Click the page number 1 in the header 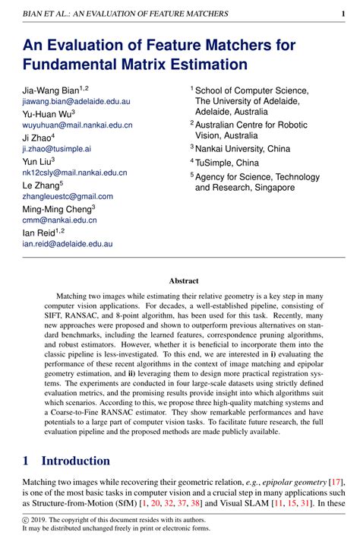343,14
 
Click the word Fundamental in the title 73,64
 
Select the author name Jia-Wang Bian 52,89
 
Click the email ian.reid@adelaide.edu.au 67,244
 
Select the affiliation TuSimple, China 227,162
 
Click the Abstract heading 183,280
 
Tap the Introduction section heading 75,461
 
